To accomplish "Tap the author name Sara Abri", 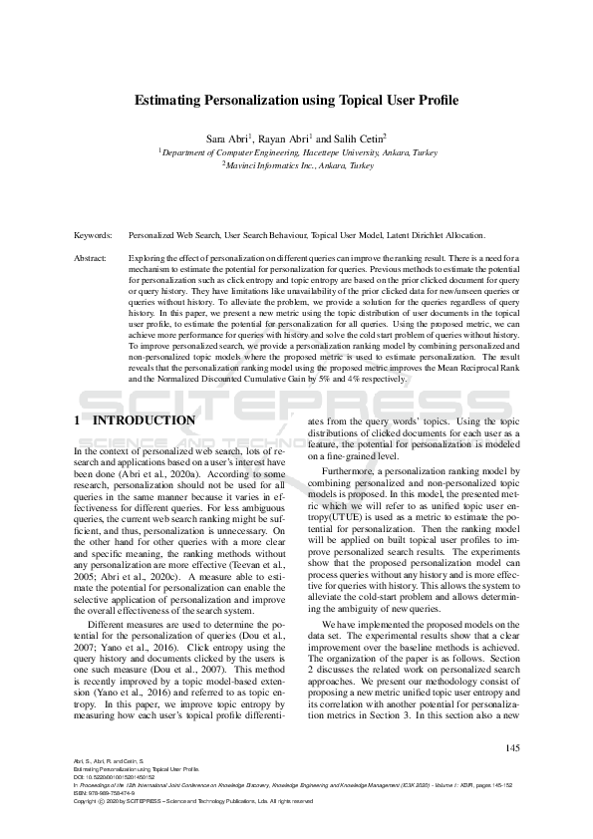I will (x=227, y=138).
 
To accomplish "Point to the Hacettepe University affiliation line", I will (x=298, y=152).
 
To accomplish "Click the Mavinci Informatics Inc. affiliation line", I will (x=297, y=166).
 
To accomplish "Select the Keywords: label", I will (x=93, y=236).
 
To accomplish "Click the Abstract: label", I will (x=91, y=258).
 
